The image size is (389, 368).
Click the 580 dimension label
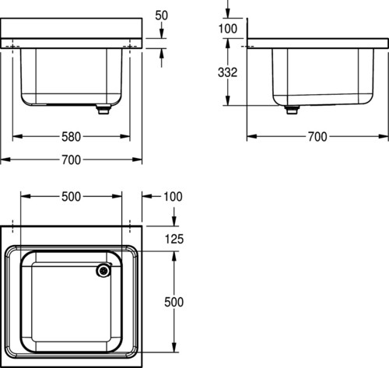pyautogui.click(x=71, y=137)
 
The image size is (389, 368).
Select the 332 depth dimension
pyautogui.click(x=227, y=72)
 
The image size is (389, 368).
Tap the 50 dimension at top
pyautogui.click(x=161, y=16)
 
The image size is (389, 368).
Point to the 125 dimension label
pyautogui.click(x=174, y=239)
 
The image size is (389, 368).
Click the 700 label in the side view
pyautogui.click(x=317, y=137)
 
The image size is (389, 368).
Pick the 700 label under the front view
pyautogui.click(x=71, y=159)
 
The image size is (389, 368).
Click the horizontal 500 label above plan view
pyautogui.click(x=71, y=197)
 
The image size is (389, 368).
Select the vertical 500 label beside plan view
pyautogui.click(x=173, y=302)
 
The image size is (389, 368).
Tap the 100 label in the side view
pyautogui.click(x=227, y=29)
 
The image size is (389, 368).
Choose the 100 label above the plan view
pyautogui.click(x=173, y=197)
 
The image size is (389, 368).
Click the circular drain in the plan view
pyautogui.click(x=103, y=271)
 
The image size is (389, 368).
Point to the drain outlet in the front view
pyautogui.click(x=103, y=109)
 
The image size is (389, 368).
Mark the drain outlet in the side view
pyautogui.click(x=292, y=110)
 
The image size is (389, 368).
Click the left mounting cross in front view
pyautogui.click(x=12, y=47)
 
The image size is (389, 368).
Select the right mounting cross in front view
pyautogui.click(x=130, y=47)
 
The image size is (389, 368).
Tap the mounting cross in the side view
pyautogui.click(x=247, y=47)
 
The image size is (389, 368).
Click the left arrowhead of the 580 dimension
pyautogui.click(x=17, y=136)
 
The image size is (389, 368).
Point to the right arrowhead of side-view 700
pyautogui.click(x=384, y=136)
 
